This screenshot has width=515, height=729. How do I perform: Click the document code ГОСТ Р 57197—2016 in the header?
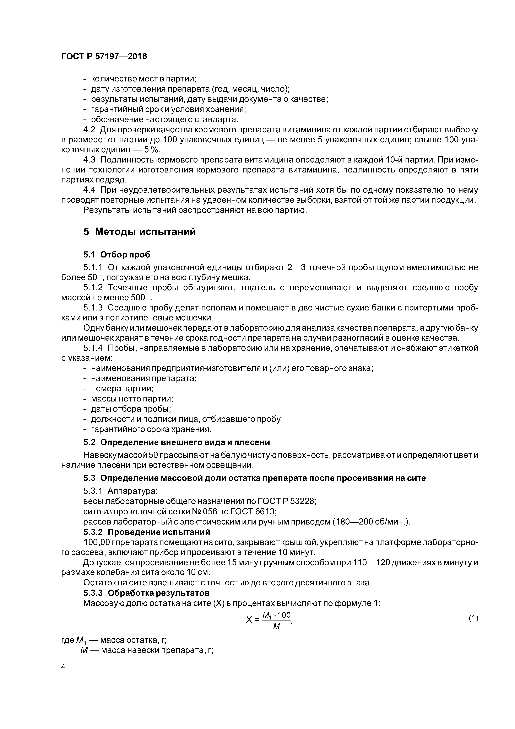coord(104,57)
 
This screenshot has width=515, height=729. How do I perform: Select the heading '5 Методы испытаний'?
coord(140,232)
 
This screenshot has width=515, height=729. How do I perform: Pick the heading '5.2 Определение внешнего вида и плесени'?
coord(177,442)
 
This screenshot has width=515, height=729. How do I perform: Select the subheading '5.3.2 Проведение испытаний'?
coord(147,532)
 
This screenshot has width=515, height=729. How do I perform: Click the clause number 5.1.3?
coord(93,308)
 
